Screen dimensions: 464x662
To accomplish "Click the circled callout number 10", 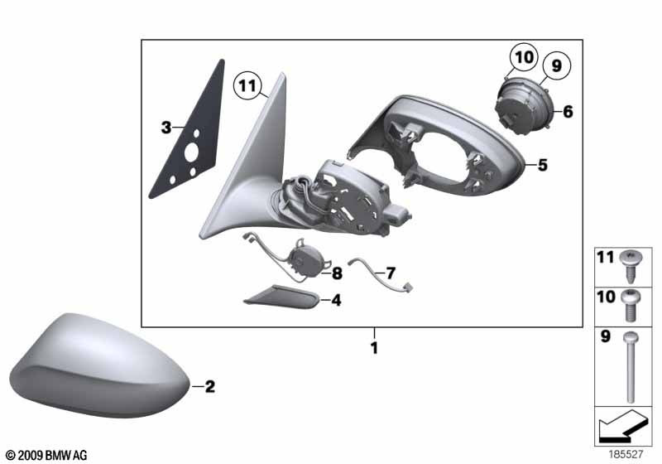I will point(523,58).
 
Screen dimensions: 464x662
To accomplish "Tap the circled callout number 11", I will point(247,85).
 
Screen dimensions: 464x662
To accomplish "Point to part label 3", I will point(165,128).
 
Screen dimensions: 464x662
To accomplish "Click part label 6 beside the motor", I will point(568,110).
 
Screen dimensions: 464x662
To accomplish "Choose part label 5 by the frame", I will point(542,165).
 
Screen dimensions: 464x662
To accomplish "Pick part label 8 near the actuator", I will point(338,273).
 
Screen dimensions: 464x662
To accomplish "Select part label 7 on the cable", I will point(391,272).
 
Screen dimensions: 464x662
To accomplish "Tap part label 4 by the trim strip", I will point(336,301).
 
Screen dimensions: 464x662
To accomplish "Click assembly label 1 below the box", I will point(374,349).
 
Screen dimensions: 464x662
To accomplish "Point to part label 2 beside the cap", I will point(209,386).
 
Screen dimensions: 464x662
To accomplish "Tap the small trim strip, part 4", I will point(281,296).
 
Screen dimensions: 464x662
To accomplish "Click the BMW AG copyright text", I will point(46,455).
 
